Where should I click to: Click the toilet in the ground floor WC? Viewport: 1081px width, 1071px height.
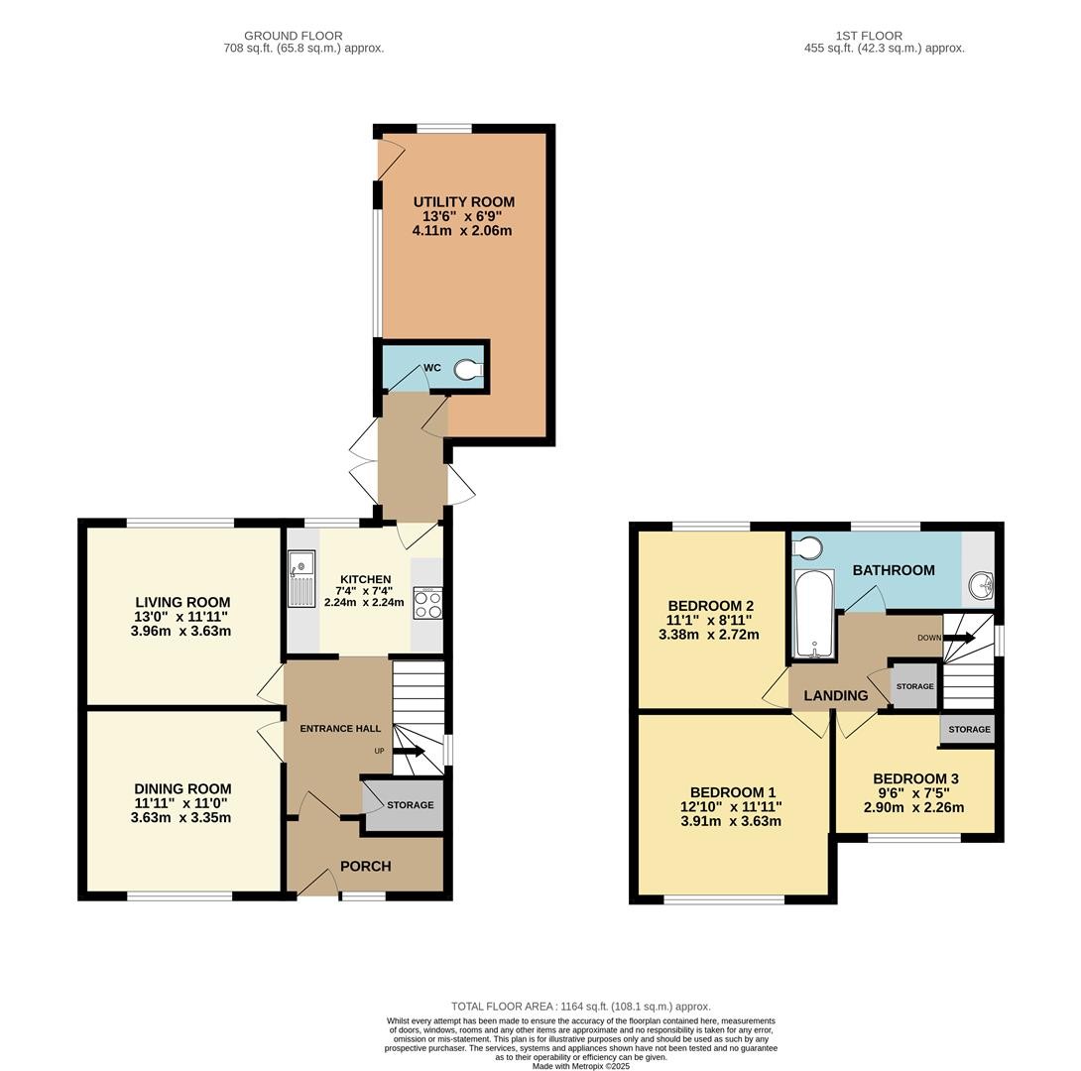pyautogui.click(x=469, y=370)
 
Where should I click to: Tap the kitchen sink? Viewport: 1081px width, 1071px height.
pyautogui.click(x=301, y=578)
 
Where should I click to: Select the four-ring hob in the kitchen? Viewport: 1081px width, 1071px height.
pyautogui.click(x=427, y=603)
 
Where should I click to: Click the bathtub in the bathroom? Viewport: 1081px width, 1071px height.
pyautogui.click(x=814, y=614)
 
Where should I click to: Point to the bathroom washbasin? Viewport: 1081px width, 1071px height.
pyautogui.click(x=981, y=586)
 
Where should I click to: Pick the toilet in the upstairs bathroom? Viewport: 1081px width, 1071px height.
pyautogui.click(x=807, y=548)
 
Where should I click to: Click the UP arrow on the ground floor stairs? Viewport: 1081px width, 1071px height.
pyautogui.click(x=410, y=751)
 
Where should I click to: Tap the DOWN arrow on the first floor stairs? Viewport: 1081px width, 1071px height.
pyautogui.click(x=959, y=638)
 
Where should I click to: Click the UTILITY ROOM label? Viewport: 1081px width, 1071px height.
pyautogui.click(x=464, y=202)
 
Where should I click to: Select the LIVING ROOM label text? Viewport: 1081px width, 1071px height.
pyautogui.click(x=182, y=602)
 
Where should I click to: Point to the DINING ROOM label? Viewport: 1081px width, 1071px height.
pyautogui.click(x=182, y=788)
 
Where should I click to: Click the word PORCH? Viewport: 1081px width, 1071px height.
pyautogui.click(x=366, y=867)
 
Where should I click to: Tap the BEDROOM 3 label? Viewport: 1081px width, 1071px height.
pyautogui.click(x=915, y=778)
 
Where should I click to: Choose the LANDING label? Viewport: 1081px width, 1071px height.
pyautogui.click(x=836, y=696)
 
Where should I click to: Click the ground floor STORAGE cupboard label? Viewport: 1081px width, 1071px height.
pyautogui.click(x=411, y=805)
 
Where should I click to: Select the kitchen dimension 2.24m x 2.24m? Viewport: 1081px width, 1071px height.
pyautogui.click(x=365, y=602)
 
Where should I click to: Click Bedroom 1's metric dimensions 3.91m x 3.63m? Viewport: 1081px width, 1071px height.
pyautogui.click(x=731, y=821)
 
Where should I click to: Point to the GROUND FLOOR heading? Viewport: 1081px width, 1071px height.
pyautogui.click(x=293, y=36)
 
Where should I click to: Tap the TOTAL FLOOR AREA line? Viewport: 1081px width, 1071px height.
pyautogui.click(x=580, y=1007)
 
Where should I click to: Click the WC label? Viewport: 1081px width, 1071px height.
pyautogui.click(x=432, y=368)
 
